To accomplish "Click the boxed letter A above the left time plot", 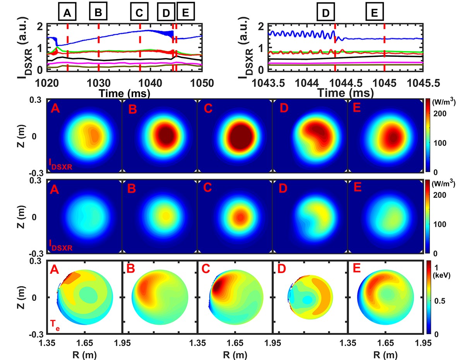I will [68, 13].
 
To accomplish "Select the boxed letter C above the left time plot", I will [140, 13].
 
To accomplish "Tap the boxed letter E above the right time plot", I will [374, 13].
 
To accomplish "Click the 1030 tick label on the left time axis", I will [99, 85].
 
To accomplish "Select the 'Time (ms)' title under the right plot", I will [346, 93].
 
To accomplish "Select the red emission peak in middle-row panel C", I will [240, 217].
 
